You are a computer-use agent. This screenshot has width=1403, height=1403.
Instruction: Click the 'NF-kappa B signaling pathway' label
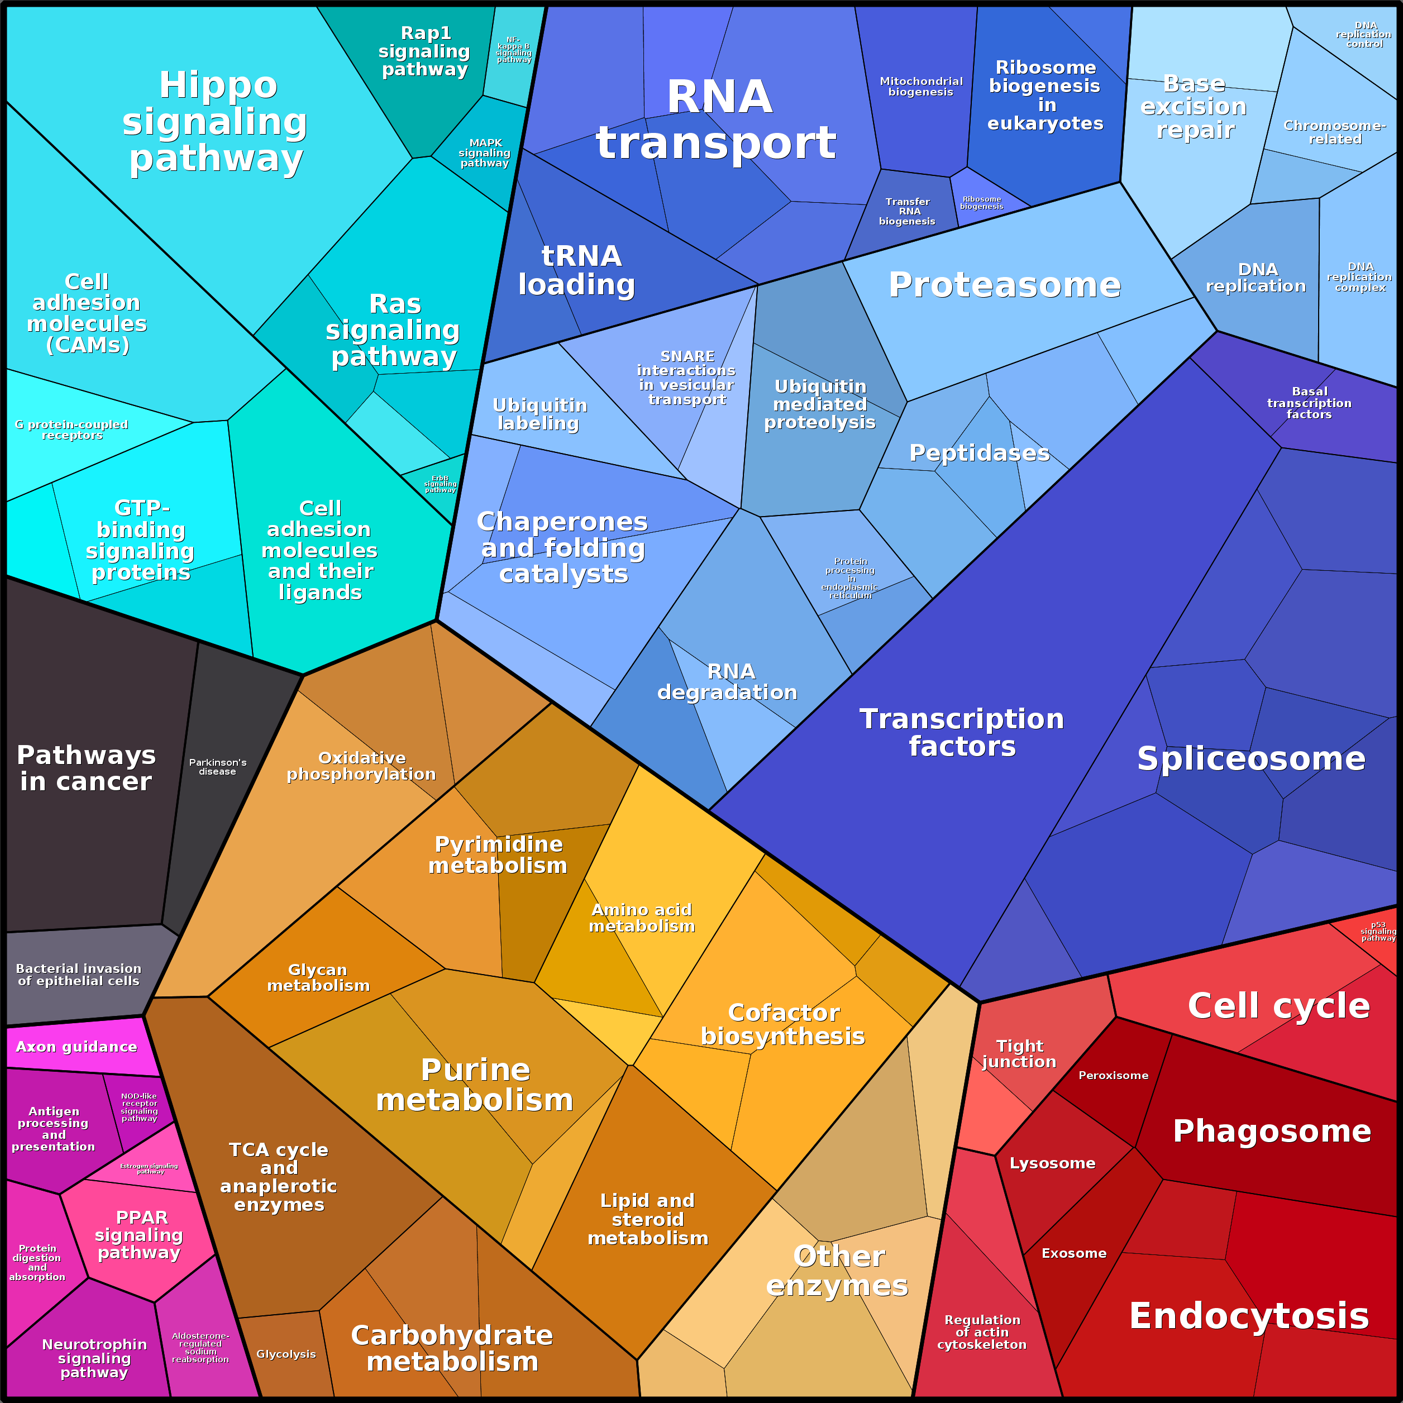coord(513,50)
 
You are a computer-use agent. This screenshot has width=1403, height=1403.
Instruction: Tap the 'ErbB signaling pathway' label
coord(440,484)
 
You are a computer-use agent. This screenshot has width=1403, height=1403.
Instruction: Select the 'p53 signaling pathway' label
coord(1377,931)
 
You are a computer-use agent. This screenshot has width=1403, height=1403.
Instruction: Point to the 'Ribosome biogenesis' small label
coord(981,203)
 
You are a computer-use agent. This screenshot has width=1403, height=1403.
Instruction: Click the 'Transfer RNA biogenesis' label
coord(907,211)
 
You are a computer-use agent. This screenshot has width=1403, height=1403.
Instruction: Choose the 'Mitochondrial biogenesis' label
coord(921,87)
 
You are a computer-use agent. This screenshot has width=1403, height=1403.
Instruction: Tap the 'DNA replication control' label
coord(1364,34)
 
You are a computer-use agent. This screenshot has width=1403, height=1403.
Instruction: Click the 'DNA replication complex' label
coord(1359,276)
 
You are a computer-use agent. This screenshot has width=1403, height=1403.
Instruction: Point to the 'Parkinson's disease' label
coord(218,767)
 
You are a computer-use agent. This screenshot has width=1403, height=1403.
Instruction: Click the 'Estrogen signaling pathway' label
coord(149,1168)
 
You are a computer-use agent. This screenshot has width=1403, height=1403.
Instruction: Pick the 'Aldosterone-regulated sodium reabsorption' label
coord(201,1347)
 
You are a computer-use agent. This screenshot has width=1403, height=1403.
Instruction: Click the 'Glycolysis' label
coord(286,1354)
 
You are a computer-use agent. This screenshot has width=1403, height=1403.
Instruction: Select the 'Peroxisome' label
coord(1113,1076)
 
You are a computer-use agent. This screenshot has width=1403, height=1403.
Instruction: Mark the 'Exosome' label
coord(1074,1253)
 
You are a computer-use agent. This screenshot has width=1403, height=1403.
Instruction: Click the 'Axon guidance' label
coord(77,1047)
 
